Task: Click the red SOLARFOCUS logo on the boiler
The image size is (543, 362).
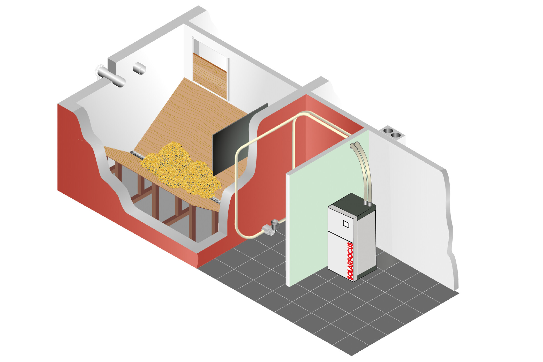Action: tap(350, 261)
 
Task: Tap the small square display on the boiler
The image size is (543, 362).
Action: tap(346, 224)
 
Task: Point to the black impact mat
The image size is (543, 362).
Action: tap(240, 140)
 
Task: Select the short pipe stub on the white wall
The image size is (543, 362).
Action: tap(140, 68)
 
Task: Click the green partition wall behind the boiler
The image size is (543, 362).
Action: tap(318, 207)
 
